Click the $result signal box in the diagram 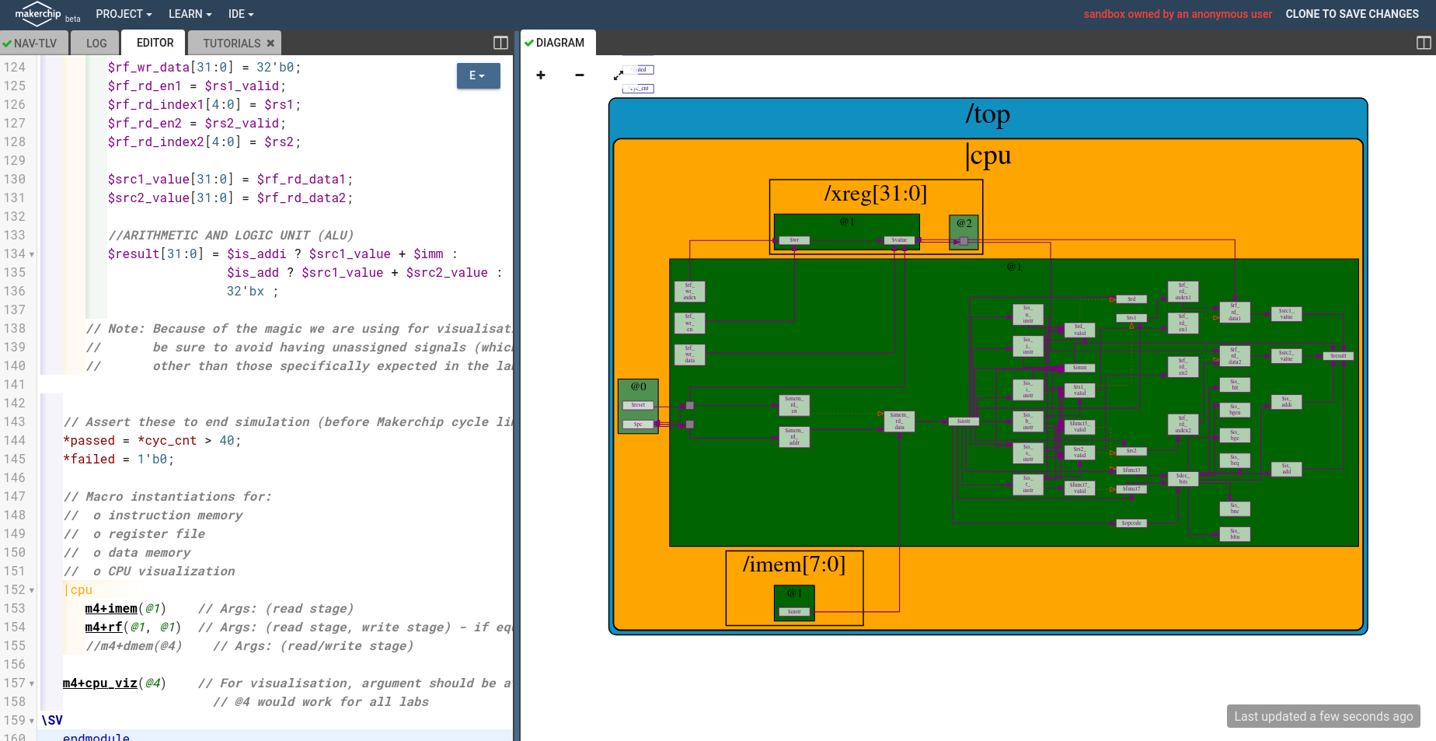point(1338,355)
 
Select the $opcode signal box point(1131,523)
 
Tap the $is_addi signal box point(1286,402)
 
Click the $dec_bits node point(1183,478)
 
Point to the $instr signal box point(964,421)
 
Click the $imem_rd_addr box point(794,437)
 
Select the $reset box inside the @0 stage point(638,405)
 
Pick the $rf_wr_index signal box point(689,292)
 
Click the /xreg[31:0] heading point(876,193)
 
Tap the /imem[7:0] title point(793,564)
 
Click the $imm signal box point(1079,367)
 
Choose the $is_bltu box point(1234,534)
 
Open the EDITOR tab point(155,43)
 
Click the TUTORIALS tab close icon point(270,44)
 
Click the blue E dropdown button point(478,75)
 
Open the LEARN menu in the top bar point(190,14)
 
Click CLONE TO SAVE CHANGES point(1351,14)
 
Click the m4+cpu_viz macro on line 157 point(100,683)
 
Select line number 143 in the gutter point(15,421)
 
